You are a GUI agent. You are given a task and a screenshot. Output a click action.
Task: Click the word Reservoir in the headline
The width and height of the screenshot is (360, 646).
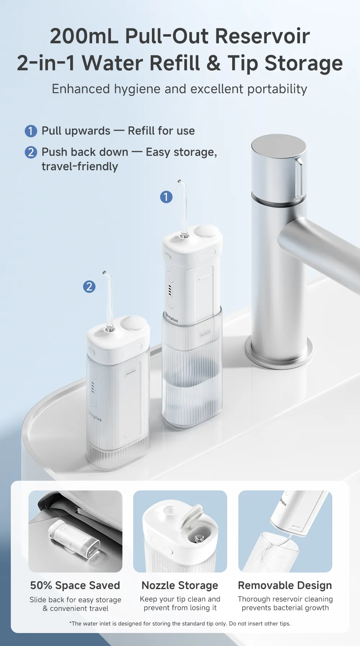pyautogui.click(x=262, y=36)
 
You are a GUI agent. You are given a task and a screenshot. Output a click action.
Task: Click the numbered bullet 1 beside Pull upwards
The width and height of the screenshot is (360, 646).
pyautogui.click(x=31, y=131)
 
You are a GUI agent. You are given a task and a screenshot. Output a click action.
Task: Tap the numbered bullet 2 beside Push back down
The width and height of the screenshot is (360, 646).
pyautogui.click(x=31, y=152)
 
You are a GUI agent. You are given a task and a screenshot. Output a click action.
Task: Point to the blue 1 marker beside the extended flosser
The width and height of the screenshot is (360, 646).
pyautogui.click(x=166, y=197)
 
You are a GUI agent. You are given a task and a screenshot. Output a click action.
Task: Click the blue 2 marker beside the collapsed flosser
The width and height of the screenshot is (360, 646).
pyautogui.click(x=89, y=287)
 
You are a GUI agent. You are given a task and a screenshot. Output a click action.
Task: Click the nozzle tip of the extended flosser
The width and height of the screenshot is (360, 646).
pyautogui.click(x=179, y=181)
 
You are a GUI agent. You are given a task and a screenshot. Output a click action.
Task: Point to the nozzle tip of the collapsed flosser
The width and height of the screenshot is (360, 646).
pyautogui.click(x=104, y=272)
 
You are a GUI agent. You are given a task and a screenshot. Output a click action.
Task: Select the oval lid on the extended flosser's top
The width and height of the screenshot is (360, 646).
pyautogui.click(x=206, y=231)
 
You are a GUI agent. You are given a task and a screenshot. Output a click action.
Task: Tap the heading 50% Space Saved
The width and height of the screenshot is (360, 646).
pyautogui.click(x=75, y=586)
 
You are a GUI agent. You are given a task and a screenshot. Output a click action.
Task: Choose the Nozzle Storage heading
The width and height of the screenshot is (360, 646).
pyautogui.click(x=180, y=586)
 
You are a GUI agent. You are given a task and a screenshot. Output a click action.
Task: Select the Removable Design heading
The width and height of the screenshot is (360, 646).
pyautogui.click(x=285, y=586)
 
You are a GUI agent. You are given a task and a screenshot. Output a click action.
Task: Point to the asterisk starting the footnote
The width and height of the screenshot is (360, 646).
pyautogui.click(x=71, y=623)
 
